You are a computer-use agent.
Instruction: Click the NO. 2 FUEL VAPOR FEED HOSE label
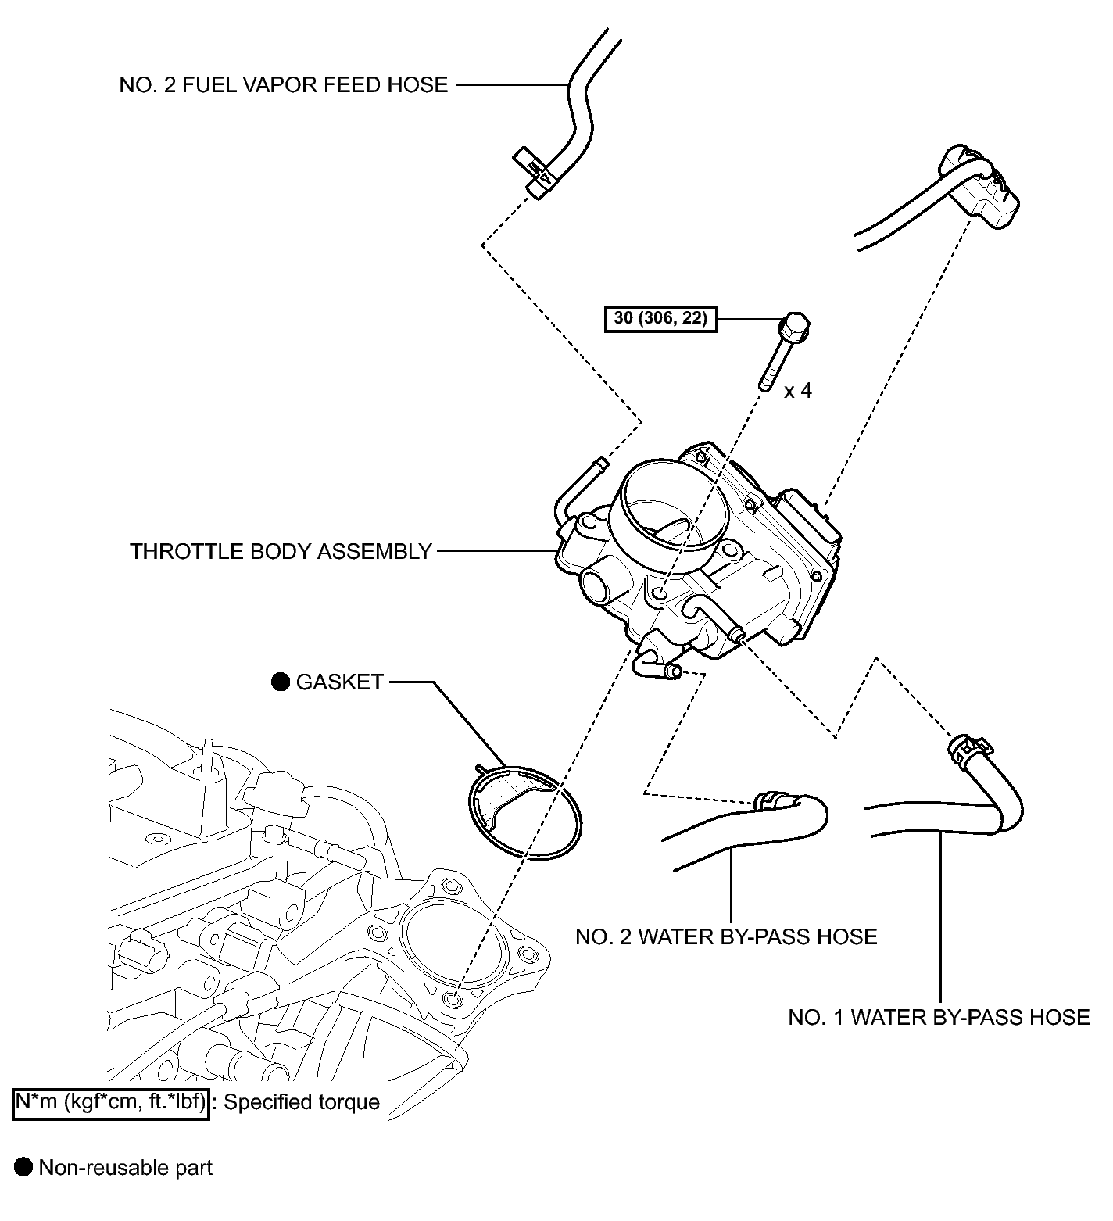point(284,84)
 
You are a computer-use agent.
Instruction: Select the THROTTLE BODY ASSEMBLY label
point(281,551)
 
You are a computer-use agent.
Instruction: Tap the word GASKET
point(340,682)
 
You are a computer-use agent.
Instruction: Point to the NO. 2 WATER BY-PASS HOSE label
point(726,936)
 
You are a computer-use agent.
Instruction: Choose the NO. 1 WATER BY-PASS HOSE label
point(939,1017)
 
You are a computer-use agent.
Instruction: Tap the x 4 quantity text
point(798,390)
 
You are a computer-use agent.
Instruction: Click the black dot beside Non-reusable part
point(24,1168)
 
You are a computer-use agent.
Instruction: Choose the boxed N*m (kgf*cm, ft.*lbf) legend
point(111,1102)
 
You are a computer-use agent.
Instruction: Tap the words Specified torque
point(302,1102)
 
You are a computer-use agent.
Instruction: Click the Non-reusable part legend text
point(126,1168)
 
